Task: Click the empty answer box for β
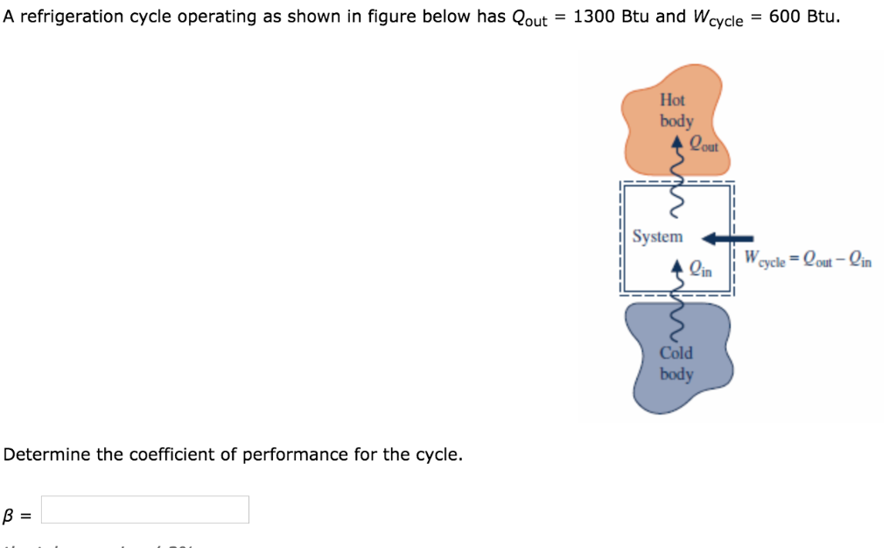(x=145, y=509)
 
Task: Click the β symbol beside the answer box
(x=10, y=516)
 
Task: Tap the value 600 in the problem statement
(x=783, y=18)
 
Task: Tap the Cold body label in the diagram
(x=675, y=363)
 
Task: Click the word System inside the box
(x=657, y=236)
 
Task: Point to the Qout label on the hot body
(x=703, y=144)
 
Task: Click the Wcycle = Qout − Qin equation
(x=808, y=259)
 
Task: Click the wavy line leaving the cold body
(x=674, y=320)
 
